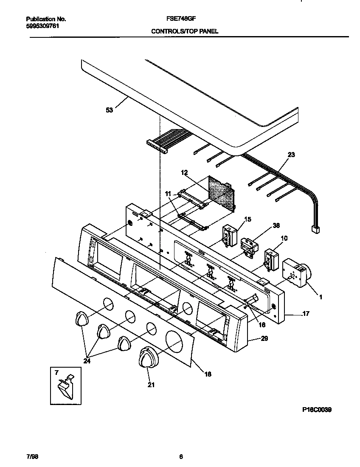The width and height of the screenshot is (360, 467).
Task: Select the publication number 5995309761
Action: tap(42, 25)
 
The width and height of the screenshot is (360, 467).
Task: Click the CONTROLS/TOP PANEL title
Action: tap(185, 31)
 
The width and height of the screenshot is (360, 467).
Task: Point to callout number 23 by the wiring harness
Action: tap(291, 155)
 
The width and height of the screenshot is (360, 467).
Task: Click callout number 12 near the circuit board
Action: tap(184, 173)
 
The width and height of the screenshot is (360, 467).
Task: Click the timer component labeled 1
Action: tap(296, 272)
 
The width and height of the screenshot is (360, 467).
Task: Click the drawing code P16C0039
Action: tap(317, 410)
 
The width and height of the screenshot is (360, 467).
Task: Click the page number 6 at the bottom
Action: tap(181, 457)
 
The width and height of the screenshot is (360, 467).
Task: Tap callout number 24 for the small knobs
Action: tap(87, 361)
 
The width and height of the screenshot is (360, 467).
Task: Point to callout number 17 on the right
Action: tap(306, 314)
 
